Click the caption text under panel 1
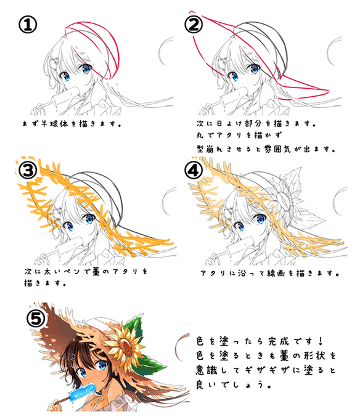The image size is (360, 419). coord(71,123)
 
